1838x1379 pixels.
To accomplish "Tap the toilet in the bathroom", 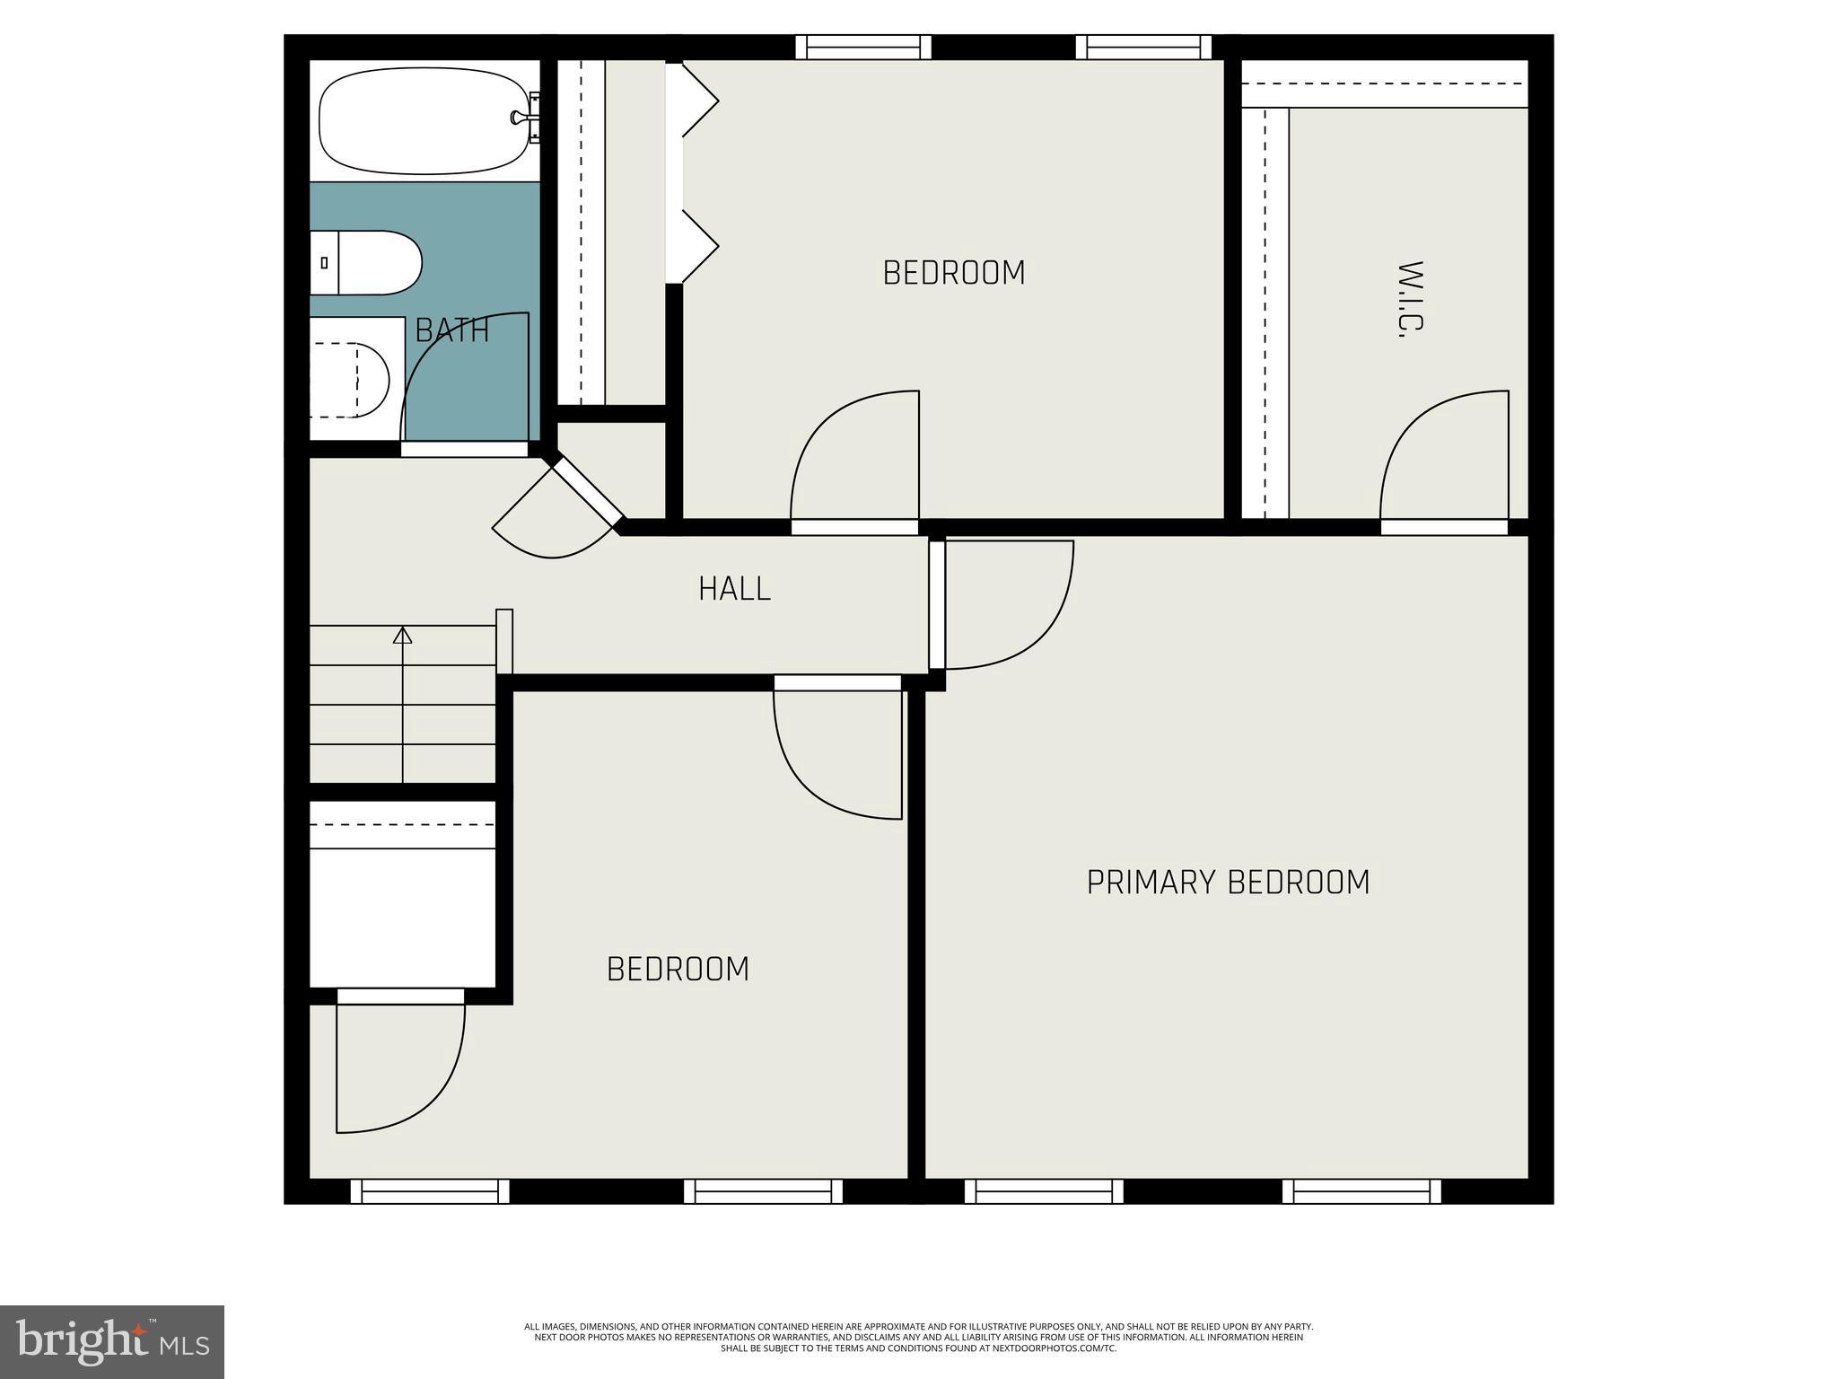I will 368,263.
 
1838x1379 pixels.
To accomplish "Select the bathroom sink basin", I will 354,380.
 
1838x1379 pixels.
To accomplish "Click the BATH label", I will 452,331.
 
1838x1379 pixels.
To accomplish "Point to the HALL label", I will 734,589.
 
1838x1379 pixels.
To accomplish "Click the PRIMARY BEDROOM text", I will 1228,883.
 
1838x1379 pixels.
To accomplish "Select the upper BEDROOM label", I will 954,273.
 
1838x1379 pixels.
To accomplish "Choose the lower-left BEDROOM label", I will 678,970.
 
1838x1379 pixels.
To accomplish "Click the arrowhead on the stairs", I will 403,636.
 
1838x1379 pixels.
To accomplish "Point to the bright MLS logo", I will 112,1342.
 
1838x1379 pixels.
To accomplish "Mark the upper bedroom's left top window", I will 863,47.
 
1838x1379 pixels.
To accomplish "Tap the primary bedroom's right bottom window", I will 1361,1191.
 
